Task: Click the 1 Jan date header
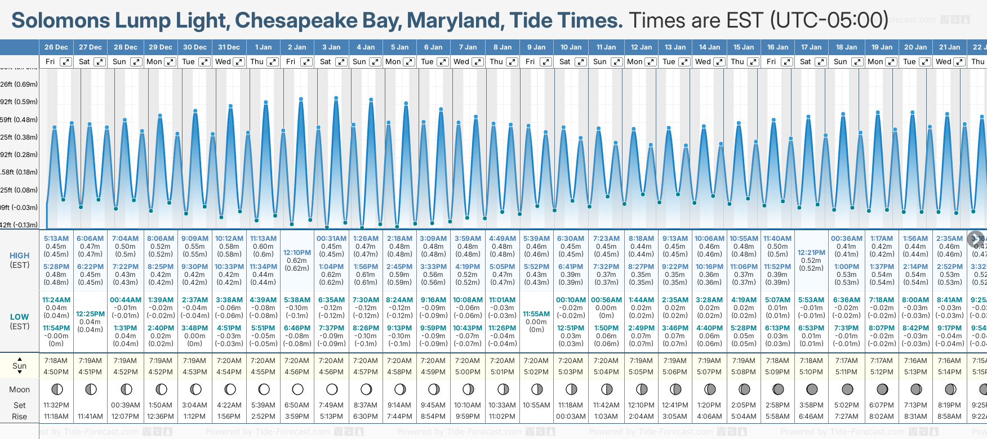click(263, 47)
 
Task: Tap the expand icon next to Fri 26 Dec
click(66, 62)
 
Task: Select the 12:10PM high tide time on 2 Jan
click(297, 253)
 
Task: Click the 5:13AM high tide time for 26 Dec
click(56, 239)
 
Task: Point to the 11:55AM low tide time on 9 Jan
click(536, 314)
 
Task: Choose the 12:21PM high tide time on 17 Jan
click(811, 253)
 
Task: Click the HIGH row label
click(20, 256)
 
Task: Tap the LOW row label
click(20, 317)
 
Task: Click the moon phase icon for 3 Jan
click(332, 389)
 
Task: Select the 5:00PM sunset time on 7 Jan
click(468, 372)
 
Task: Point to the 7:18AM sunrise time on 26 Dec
click(56, 361)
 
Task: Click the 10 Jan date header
click(571, 47)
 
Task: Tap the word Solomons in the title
click(61, 21)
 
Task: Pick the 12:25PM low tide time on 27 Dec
click(90, 314)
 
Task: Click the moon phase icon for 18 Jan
click(847, 389)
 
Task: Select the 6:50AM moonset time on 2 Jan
click(297, 405)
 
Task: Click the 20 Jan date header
click(915, 47)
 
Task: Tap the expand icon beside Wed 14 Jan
click(719, 62)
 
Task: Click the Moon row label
click(20, 389)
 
